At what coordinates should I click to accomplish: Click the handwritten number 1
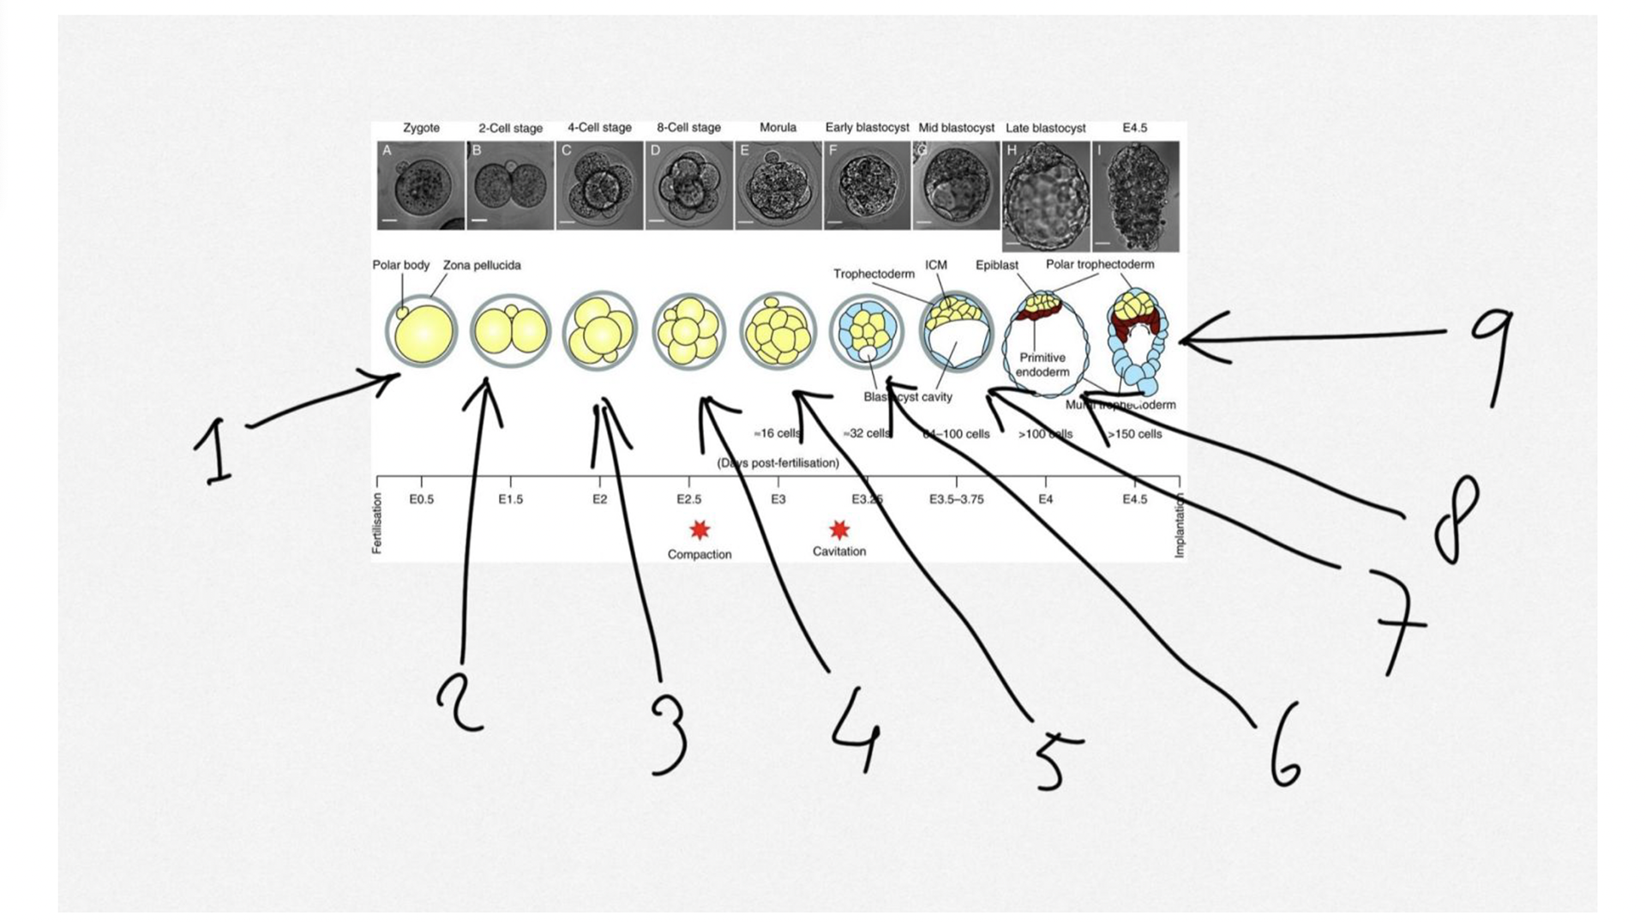click(x=213, y=451)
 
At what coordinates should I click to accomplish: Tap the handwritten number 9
click(x=1493, y=355)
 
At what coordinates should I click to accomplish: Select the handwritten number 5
click(x=1054, y=759)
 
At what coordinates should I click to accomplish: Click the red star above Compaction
click(x=700, y=530)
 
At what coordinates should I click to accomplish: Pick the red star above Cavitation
click(x=839, y=529)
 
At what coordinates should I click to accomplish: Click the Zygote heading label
click(x=421, y=128)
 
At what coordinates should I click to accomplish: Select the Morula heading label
click(x=778, y=128)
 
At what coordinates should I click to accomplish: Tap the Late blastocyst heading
click(x=1045, y=128)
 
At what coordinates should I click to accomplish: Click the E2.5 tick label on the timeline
click(x=688, y=499)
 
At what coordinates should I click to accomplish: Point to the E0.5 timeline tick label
click(x=421, y=499)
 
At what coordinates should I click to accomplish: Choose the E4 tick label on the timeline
click(x=1045, y=499)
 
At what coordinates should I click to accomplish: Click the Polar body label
click(x=400, y=265)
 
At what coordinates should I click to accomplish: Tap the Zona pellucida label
click(x=481, y=265)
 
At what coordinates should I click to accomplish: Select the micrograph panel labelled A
click(x=420, y=186)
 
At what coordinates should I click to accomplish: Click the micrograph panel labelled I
click(x=1135, y=196)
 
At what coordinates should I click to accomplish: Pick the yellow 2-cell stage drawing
click(x=510, y=331)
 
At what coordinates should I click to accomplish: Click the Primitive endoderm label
click(x=1042, y=365)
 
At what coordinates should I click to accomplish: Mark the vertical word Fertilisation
click(x=377, y=523)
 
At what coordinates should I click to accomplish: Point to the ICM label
click(x=936, y=265)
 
